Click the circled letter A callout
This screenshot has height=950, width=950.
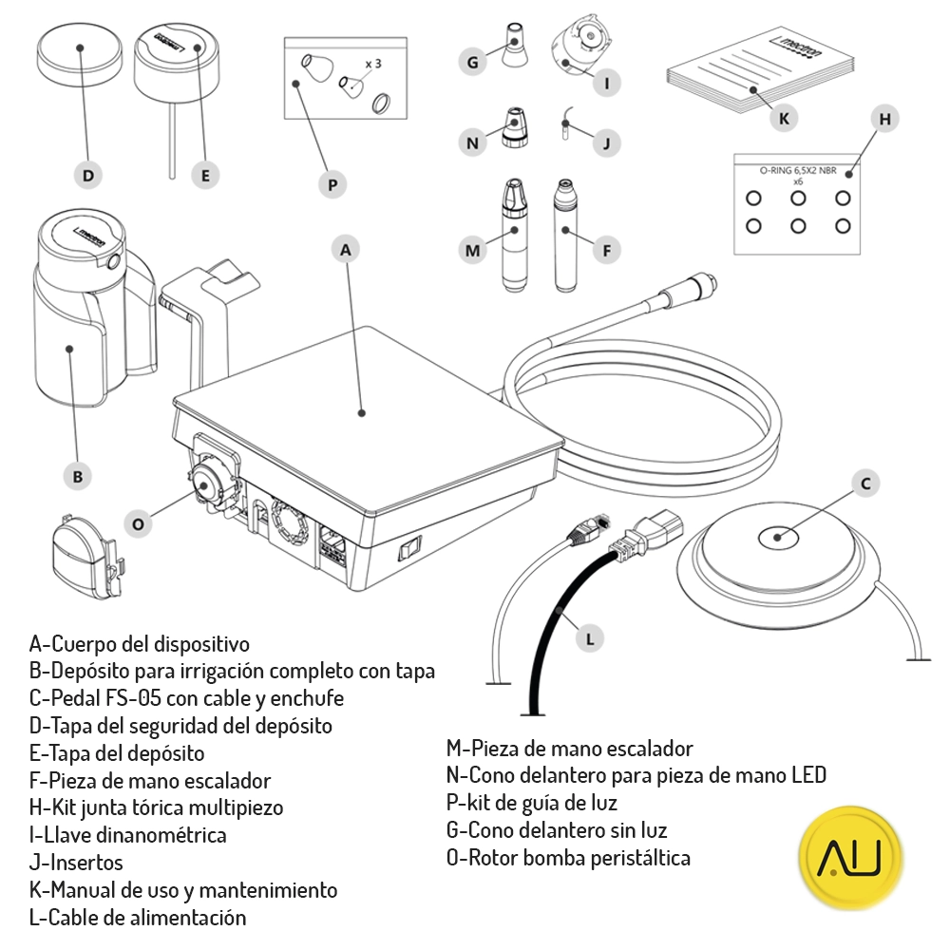346,250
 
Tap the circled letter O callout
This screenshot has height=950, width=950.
139,523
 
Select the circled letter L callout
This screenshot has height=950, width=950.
590,639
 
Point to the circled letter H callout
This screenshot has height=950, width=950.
884,120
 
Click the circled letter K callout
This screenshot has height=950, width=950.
783,119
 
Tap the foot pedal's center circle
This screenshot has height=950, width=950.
777,538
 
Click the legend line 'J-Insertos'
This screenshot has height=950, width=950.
76,863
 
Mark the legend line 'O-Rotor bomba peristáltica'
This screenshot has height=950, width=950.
567,858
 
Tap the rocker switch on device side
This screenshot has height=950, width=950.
409,549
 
